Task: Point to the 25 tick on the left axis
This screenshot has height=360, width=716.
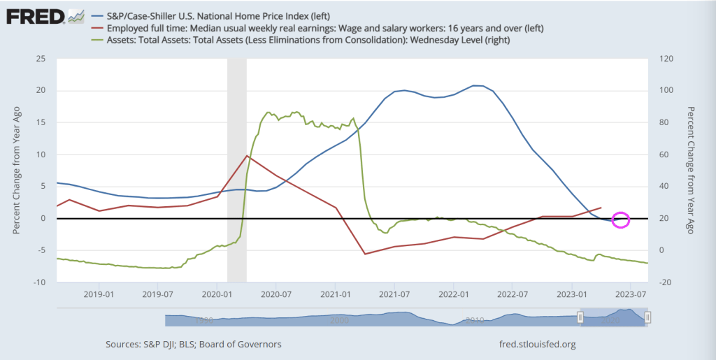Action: pos(41,59)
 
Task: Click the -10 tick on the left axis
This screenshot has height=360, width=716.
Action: pos(39,282)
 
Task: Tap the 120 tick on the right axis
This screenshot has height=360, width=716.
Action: pos(666,59)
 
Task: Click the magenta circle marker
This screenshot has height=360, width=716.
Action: pos(621,219)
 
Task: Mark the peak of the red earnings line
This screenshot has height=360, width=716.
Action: pos(247,155)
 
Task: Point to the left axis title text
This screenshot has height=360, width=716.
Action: pos(17,171)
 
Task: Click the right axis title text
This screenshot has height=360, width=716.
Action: pos(692,171)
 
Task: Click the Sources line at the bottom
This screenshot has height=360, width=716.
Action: pos(194,345)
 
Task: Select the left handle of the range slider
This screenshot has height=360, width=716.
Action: pos(580,318)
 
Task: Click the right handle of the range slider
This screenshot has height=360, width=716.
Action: pos(648,318)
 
